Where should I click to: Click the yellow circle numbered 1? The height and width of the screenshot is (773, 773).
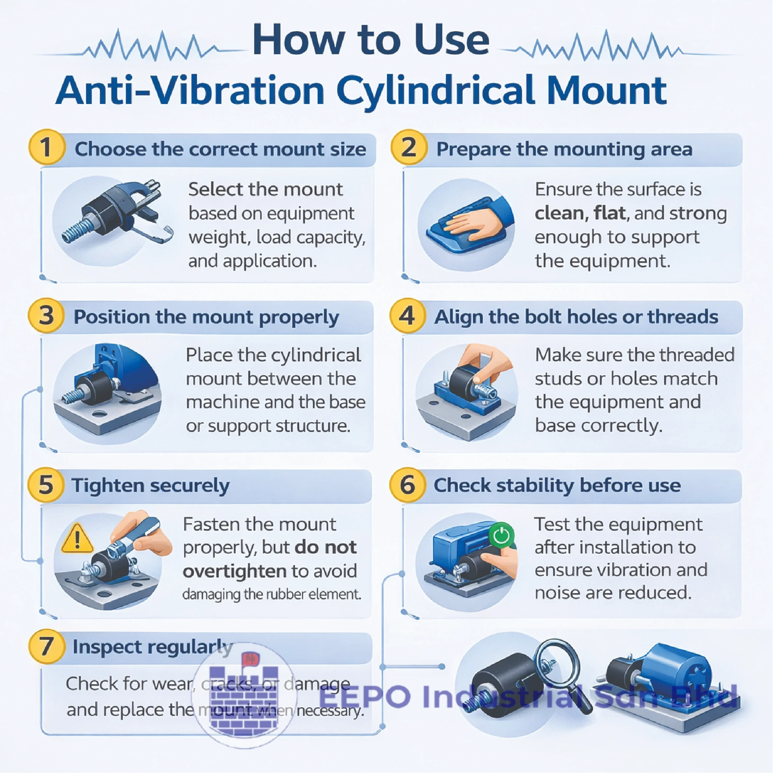coord(46,148)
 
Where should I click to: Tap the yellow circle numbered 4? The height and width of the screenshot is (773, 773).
coord(408,316)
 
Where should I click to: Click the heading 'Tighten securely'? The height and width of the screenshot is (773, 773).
coord(150,486)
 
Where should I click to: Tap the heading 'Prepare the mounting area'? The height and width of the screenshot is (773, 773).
coord(564,149)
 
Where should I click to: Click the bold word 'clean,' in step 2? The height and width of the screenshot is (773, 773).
coord(561,213)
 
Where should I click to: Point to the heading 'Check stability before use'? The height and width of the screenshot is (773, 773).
coord(557,485)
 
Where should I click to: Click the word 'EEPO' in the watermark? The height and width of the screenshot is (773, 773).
coord(365,696)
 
